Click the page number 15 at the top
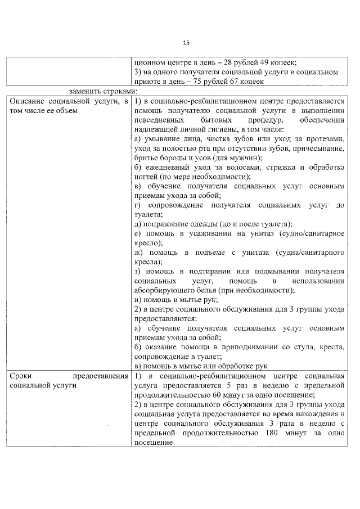pos(186,43)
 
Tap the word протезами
pos(324,139)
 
